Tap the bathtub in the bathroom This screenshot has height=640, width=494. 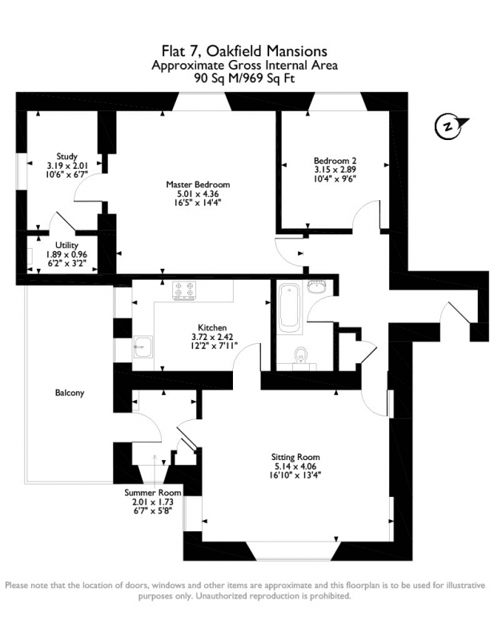pos(289,307)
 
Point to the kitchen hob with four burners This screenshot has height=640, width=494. pos(184,290)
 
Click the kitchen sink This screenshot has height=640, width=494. pos(143,346)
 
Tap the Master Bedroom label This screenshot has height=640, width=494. pos(198,185)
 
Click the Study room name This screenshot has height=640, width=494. pos(66,156)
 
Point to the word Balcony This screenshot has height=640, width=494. pos(70,393)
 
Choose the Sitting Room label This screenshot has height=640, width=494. pos(295,457)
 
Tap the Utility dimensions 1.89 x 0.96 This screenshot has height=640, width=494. pos(66,254)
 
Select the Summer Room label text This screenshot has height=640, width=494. pos(152,493)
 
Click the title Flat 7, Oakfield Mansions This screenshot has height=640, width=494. pos(244,51)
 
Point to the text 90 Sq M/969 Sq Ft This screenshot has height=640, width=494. pos(244,78)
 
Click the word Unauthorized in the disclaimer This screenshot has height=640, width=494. pos(220,596)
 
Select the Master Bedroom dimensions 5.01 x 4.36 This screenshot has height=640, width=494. pos(198,193)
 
